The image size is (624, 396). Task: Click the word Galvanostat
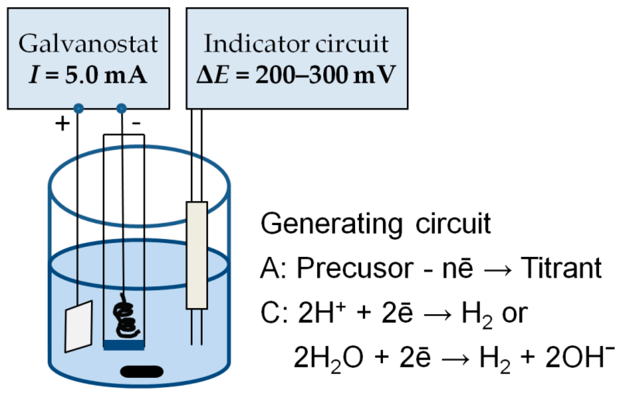click(88, 44)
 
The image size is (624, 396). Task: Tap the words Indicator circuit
click(296, 44)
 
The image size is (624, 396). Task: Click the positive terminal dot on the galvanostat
click(79, 108)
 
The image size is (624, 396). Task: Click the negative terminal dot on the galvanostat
click(121, 108)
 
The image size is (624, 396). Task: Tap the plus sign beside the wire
click(62, 124)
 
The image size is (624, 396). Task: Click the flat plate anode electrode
click(79, 326)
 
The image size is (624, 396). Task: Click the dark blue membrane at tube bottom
click(124, 345)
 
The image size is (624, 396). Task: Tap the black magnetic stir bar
click(142, 372)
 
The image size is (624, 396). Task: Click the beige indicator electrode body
click(197, 255)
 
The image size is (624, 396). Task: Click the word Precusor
click(355, 268)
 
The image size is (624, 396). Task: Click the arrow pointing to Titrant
click(498, 270)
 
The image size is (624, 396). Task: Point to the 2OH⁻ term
click(579, 357)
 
